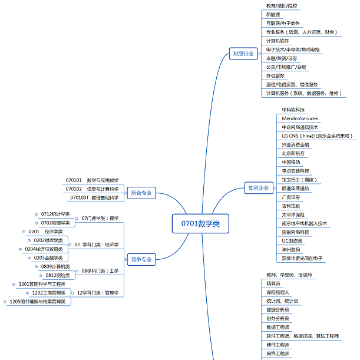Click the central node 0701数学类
pos(200,223)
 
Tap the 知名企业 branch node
pos(258,188)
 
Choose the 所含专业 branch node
pos(141,193)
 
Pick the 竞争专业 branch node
pos(141,259)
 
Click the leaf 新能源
pos(273,14)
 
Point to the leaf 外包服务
pos(275,75)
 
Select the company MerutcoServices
pos(300,118)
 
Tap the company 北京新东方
pos(295,153)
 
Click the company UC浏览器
pos(293,240)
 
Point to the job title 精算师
pos(275,283)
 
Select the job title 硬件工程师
pos(278,345)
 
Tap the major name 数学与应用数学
pos(103,180)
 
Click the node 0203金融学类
pos(48,257)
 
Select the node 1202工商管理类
pos(48,293)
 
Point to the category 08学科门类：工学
pos(100,271)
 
